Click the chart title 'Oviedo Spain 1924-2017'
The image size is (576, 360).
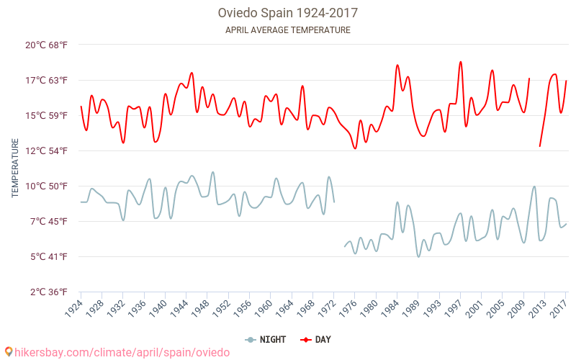[x=288, y=13]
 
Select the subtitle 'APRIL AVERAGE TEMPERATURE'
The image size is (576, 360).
[x=288, y=30]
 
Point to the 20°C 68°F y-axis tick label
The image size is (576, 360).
[x=47, y=45]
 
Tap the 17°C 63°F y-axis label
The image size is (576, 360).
[x=47, y=80]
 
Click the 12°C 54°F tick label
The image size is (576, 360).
[x=47, y=150]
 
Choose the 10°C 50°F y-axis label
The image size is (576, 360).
[x=47, y=186]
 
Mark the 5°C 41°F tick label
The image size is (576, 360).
[x=47, y=256]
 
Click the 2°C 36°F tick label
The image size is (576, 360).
[x=47, y=292]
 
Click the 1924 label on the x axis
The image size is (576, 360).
[x=74, y=308]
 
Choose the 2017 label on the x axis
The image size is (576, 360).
[x=559, y=308]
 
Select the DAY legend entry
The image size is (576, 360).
[x=317, y=339]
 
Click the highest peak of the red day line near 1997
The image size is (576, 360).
[x=461, y=62]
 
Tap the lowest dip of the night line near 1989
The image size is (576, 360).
[x=419, y=256]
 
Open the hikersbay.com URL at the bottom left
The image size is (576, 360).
[x=122, y=352]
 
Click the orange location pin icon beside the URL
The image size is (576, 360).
[x=9, y=352]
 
